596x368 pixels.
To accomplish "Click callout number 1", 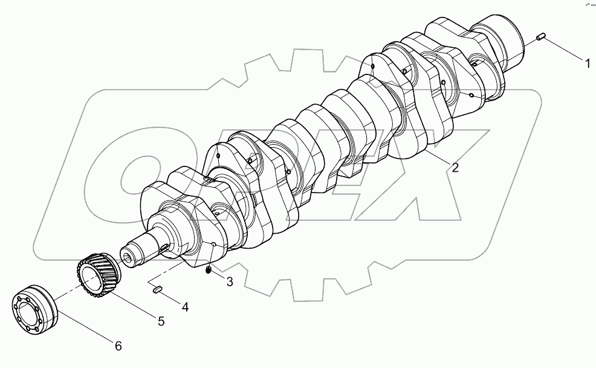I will (586, 61).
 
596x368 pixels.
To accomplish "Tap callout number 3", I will (229, 281).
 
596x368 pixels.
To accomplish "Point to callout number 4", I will (186, 307).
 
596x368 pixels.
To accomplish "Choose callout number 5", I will (161, 321).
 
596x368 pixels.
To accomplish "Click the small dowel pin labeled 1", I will (541, 38).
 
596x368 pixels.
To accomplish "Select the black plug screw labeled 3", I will (209, 270).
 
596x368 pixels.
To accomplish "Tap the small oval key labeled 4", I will (157, 289).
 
